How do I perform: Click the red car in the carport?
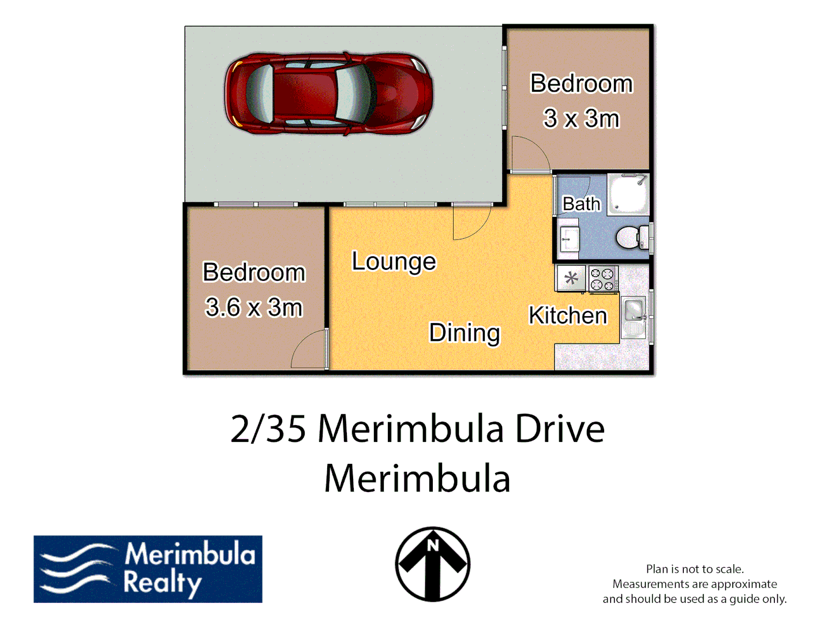(328, 93)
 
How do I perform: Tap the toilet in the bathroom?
(631, 237)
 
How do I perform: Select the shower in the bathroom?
(628, 194)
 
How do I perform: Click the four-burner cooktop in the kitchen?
(603, 279)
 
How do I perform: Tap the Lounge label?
(394, 261)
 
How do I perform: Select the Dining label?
(465, 333)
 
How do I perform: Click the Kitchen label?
(568, 316)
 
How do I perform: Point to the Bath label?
(581, 204)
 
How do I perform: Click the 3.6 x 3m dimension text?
(254, 307)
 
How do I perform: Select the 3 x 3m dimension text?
(581, 119)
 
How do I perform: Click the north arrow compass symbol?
(433, 564)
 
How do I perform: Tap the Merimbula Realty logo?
(148, 569)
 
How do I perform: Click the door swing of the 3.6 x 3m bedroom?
(309, 350)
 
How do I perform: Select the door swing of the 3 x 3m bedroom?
(529, 154)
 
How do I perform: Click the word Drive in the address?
(559, 429)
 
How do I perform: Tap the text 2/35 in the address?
(268, 429)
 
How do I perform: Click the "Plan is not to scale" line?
(695, 569)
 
